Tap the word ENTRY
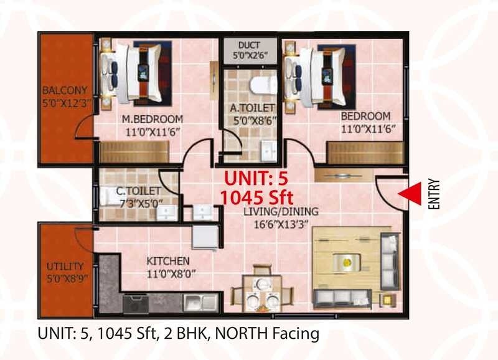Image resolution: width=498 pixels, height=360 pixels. pyautogui.click(x=434, y=195)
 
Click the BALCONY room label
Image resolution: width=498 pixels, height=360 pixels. pyautogui.click(x=65, y=90)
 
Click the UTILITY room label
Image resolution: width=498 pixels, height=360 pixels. pyautogui.click(x=65, y=267)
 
